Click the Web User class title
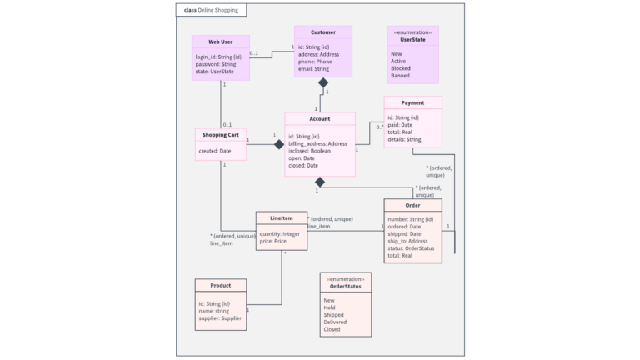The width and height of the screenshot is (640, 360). tap(220, 41)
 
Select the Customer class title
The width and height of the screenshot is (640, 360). tap(322, 32)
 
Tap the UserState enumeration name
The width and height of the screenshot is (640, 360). tap(412, 39)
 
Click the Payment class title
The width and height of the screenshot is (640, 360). tap(412, 103)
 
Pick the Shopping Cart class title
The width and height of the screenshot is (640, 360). tap(221, 135)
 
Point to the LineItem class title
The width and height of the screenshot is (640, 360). tap(282, 218)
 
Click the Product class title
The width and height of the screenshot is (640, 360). tap(220, 286)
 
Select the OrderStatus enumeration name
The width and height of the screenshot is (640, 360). tap(345, 287)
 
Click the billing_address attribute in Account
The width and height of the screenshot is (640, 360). tap(317, 143)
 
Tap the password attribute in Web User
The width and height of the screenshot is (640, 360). tap(216, 64)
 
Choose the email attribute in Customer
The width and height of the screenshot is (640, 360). tap(313, 69)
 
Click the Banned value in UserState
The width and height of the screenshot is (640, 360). tap(400, 76)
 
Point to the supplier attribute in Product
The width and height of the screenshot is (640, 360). tap(220, 318)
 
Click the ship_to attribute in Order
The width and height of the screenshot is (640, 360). tap(407, 241)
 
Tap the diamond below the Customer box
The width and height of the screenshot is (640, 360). tap(322, 82)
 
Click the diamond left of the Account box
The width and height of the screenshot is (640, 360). tap(279, 144)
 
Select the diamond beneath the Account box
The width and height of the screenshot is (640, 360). tap(320, 182)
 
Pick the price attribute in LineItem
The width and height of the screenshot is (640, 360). tap(274, 241)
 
